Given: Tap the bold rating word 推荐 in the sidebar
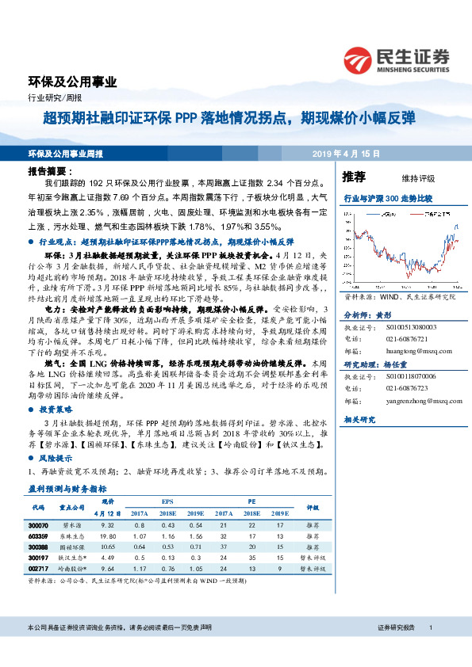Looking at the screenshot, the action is click(x=354, y=176).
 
